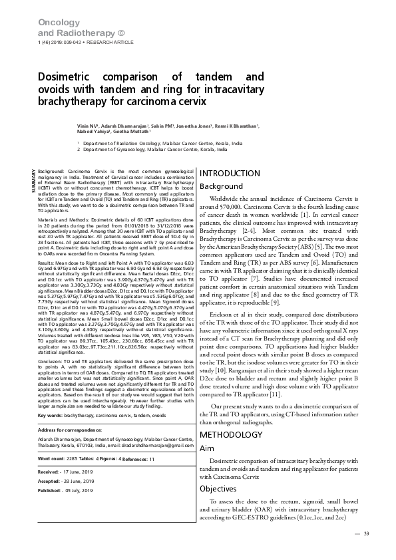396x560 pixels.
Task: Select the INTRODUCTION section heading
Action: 230,174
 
